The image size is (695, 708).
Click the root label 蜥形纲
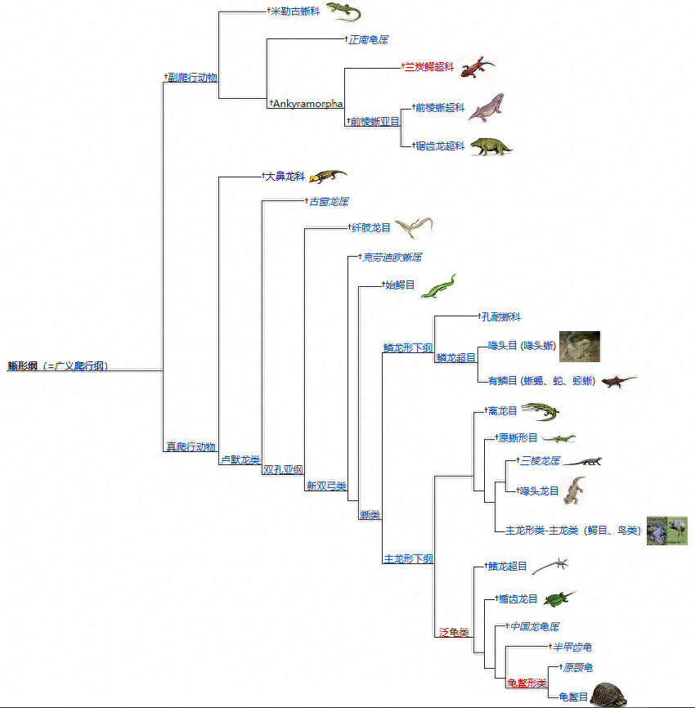[x=23, y=365]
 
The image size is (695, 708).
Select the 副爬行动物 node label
[x=192, y=78]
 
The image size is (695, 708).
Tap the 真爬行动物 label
[x=191, y=446]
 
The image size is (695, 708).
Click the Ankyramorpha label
[x=307, y=104]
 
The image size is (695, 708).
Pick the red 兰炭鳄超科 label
[x=429, y=67]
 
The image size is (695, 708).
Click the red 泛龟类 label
[x=454, y=632]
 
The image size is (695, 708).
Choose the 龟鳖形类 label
[x=527, y=683]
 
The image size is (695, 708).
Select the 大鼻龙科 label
[x=284, y=176]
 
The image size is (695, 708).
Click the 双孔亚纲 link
[x=283, y=470]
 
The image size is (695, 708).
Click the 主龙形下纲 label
[x=409, y=559]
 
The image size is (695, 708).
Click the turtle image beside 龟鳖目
[x=613, y=694]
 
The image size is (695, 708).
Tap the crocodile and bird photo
[x=666, y=531]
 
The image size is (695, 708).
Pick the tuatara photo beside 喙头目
[x=579, y=346]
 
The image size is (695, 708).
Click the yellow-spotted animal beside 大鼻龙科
[x=328, y=176]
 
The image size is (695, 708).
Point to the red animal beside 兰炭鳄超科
[x=477, y=66]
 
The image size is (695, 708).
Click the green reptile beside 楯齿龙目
[x=561, y=599]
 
